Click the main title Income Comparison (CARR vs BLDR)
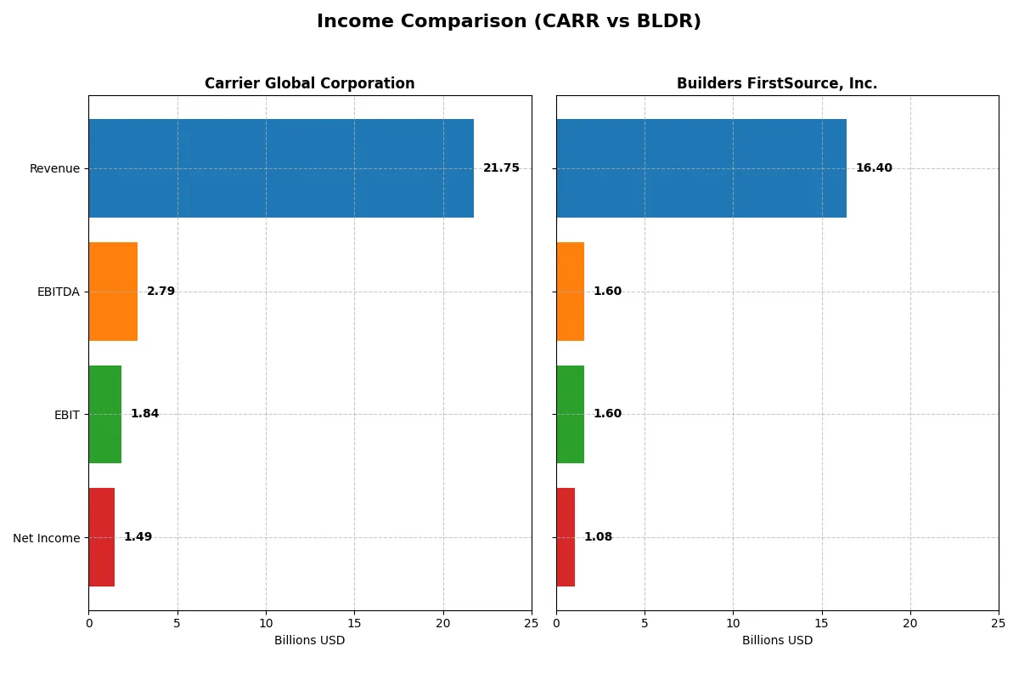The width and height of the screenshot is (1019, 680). pos(509,21)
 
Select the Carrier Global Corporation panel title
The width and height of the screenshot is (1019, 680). pos(309,83)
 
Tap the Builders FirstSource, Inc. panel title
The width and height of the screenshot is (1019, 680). pos(776,83)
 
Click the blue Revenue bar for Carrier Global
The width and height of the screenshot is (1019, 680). pos(281,168)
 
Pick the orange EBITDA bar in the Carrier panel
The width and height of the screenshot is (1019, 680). pos(113,292)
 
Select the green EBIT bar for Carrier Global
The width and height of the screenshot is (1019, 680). pos(104,414)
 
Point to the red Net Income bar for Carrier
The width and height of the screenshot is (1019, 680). pos(101,537)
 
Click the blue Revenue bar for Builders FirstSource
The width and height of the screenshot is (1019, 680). pos(701,168)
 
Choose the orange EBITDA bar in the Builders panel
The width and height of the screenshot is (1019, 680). pos(570,292)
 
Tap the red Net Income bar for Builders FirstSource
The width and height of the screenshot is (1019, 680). pos(566,537)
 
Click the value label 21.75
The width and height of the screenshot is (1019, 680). pos(501,168)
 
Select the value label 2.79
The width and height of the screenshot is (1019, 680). pos(160,292)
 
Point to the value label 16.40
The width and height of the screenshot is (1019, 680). pos(874,168)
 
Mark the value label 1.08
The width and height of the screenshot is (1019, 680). pos(598,537)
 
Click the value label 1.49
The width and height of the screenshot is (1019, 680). pos(138,537)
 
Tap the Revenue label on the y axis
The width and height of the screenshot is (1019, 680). pos(54,168)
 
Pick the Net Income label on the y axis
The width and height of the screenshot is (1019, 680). pos(47,537)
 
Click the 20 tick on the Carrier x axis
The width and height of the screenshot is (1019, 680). pos(442,623)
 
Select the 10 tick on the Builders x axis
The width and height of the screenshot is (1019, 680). pos(733,623)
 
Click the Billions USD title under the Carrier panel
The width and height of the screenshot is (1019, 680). pos(309,640)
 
